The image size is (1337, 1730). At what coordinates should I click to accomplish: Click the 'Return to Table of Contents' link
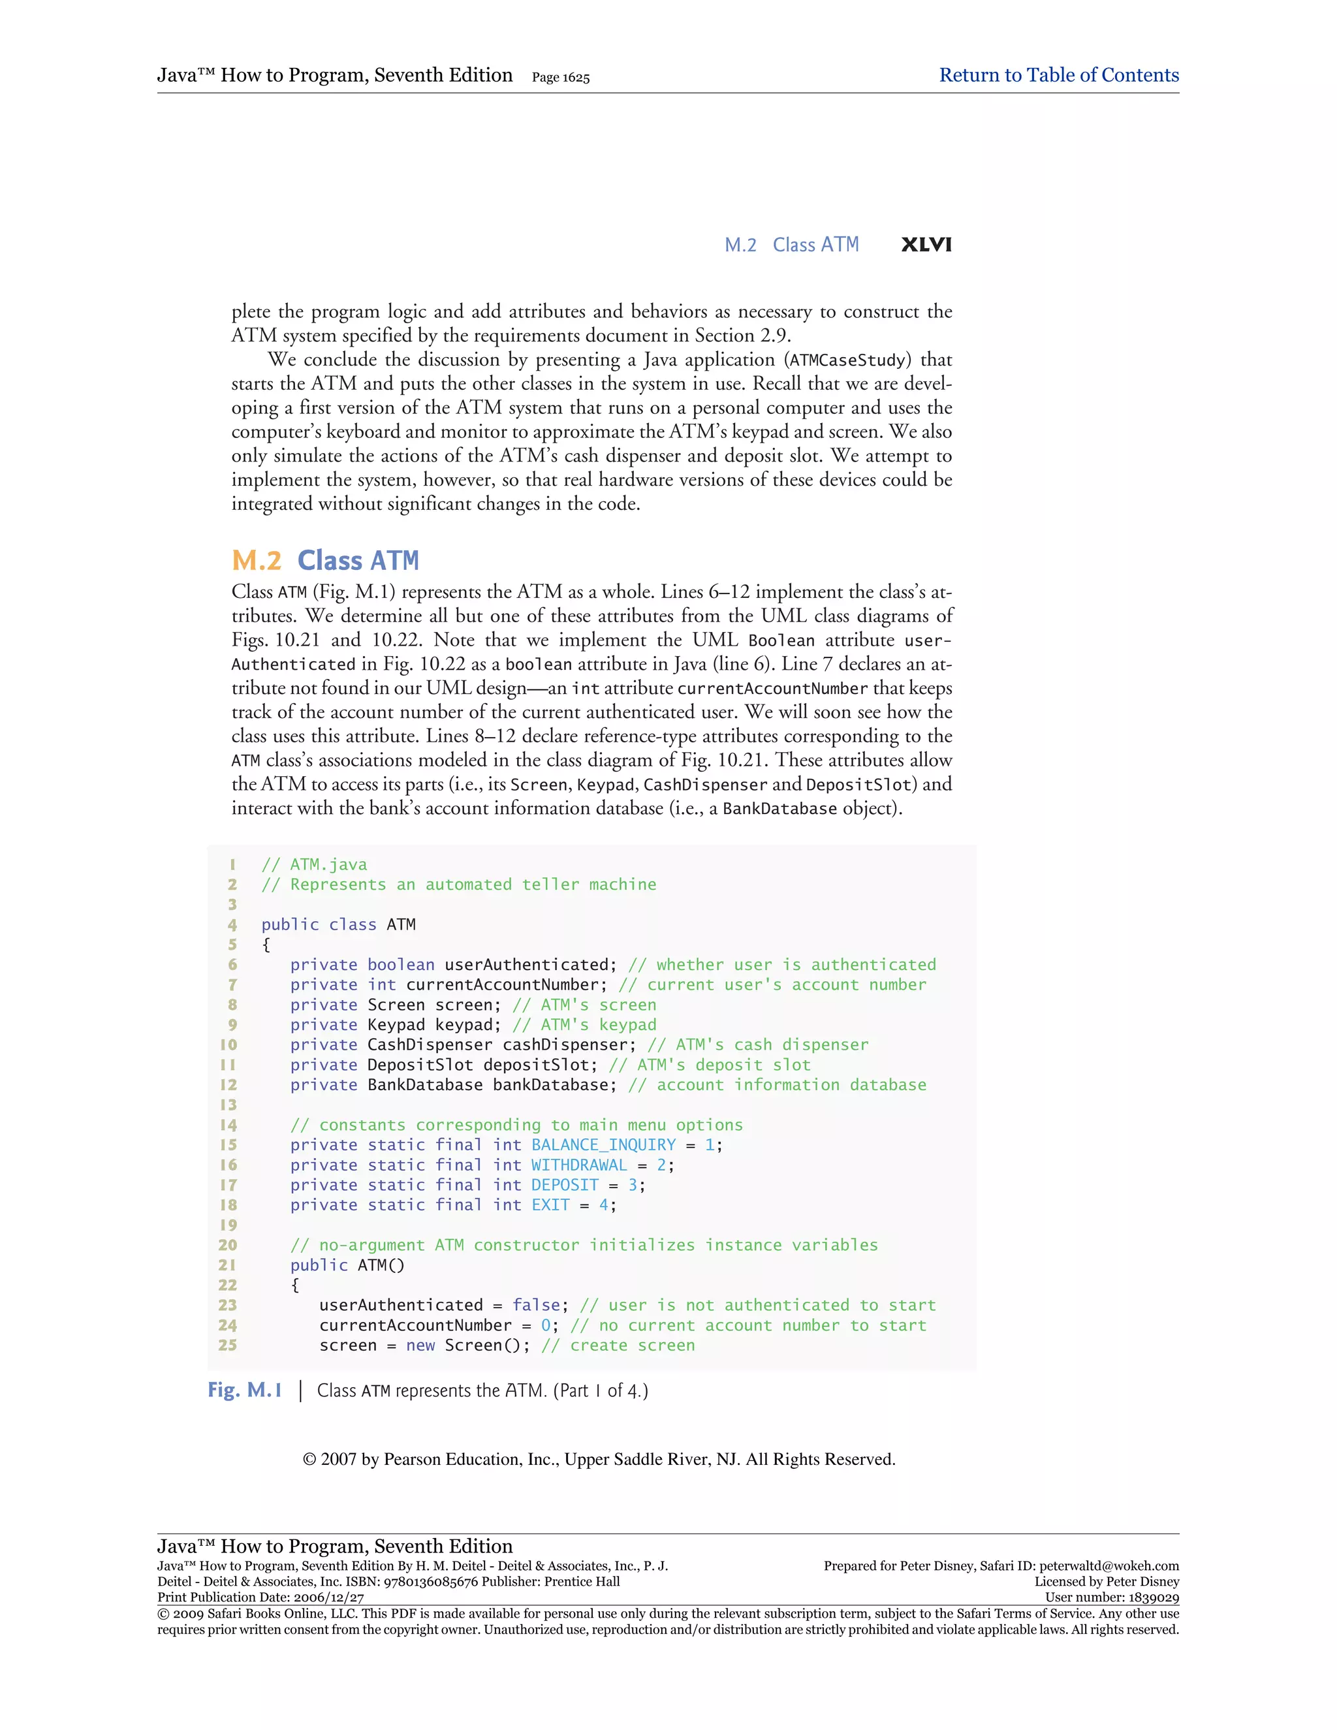point(1058,75)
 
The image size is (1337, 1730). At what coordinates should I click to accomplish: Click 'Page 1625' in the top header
point(561,78)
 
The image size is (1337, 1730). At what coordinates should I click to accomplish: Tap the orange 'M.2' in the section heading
point(256,560)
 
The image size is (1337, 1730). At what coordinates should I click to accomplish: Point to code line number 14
point(228,1125)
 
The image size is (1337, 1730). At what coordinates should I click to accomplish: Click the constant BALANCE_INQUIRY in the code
point(604,1144)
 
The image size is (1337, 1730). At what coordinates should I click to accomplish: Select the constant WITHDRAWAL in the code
point(579,1165)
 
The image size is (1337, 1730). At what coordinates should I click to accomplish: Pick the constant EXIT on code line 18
point(550,1205)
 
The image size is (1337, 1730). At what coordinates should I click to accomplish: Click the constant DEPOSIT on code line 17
point(565,1185)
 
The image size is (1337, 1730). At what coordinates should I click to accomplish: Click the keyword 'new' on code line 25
point(420,1345)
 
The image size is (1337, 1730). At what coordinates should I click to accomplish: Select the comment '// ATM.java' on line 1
point(315,864)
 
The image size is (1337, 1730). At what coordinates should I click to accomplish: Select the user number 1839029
point(1152,1597)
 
